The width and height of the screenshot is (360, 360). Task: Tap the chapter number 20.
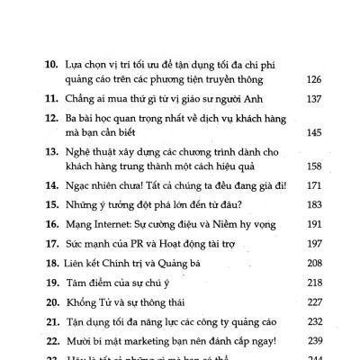point(51,312)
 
